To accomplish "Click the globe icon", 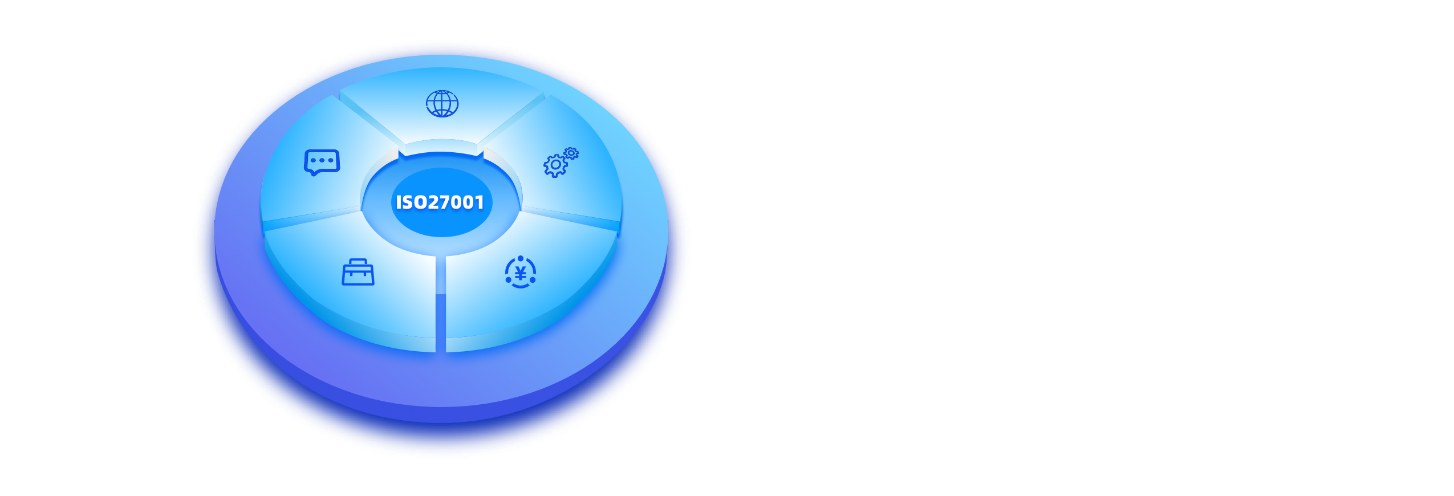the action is click(x=442, y=104).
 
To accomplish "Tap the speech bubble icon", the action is click(x=322, y=162).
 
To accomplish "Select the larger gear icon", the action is click(x=555, y=165).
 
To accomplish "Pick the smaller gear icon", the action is click(x=571, y=153).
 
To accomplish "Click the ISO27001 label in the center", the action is click(x=440, y=202).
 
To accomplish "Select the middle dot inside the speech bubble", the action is click(x=322, y=160).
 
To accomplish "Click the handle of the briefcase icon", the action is click(x=358, y=262).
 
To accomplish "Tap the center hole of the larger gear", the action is click(x=555, y=165).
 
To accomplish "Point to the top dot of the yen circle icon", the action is click(x=520, y=258).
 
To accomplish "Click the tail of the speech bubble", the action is click(x=314, y=173).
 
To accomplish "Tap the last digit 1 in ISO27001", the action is click(x=480, y=202).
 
